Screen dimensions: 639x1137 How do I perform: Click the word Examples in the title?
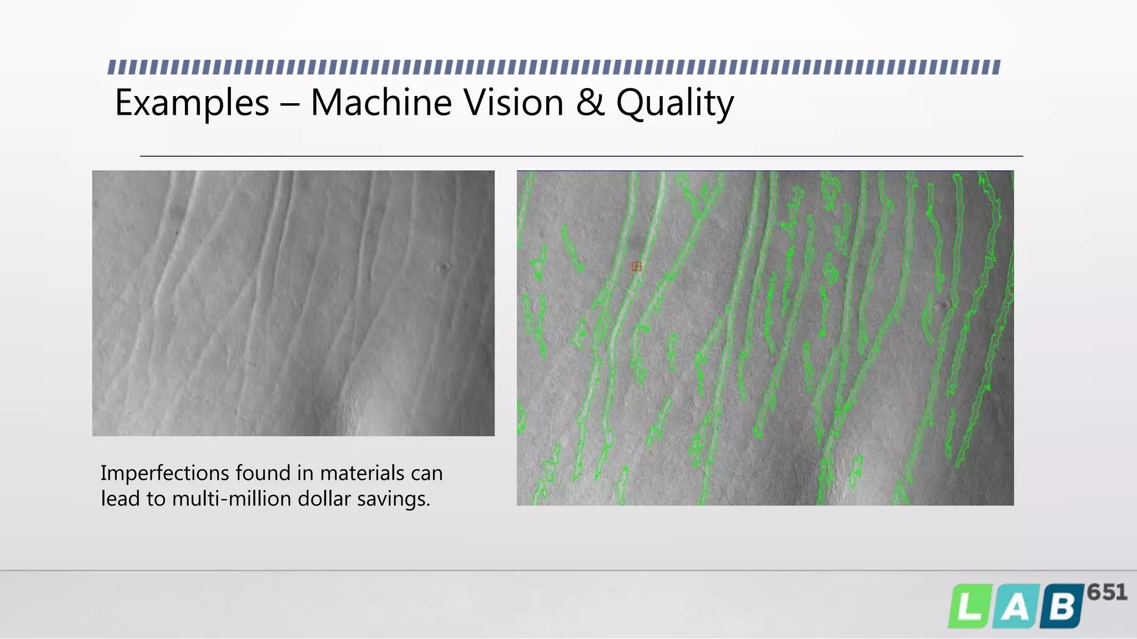pyautogui.click(x=192, y=103)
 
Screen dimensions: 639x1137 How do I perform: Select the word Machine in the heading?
pyautogui.click(x=381, y=103)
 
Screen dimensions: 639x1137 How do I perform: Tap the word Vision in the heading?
pyautogui.click(x=514, y=103)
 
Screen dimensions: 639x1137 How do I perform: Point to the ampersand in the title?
pyautogui.click(x=590, y=103)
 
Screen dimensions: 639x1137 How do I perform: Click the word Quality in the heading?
pyautogui.click(x=675, y=104)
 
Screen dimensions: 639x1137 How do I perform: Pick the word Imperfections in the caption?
pyautogui.click(x=164, y=474)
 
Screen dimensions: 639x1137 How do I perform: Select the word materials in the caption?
pyautogui.click(x=362, y=474)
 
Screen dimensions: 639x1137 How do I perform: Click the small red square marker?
pyautogui.click(x=637, y=267)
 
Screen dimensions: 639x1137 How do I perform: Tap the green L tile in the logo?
pyautogui.click(x=969, y=607)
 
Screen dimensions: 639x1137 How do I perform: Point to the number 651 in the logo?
pyautogui.click(x=1107, y=592)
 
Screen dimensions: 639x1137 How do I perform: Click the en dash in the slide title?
pyautogui.click(x=289, y=104)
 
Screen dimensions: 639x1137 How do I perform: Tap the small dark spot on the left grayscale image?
pyautogui.click(x=444, y=268)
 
